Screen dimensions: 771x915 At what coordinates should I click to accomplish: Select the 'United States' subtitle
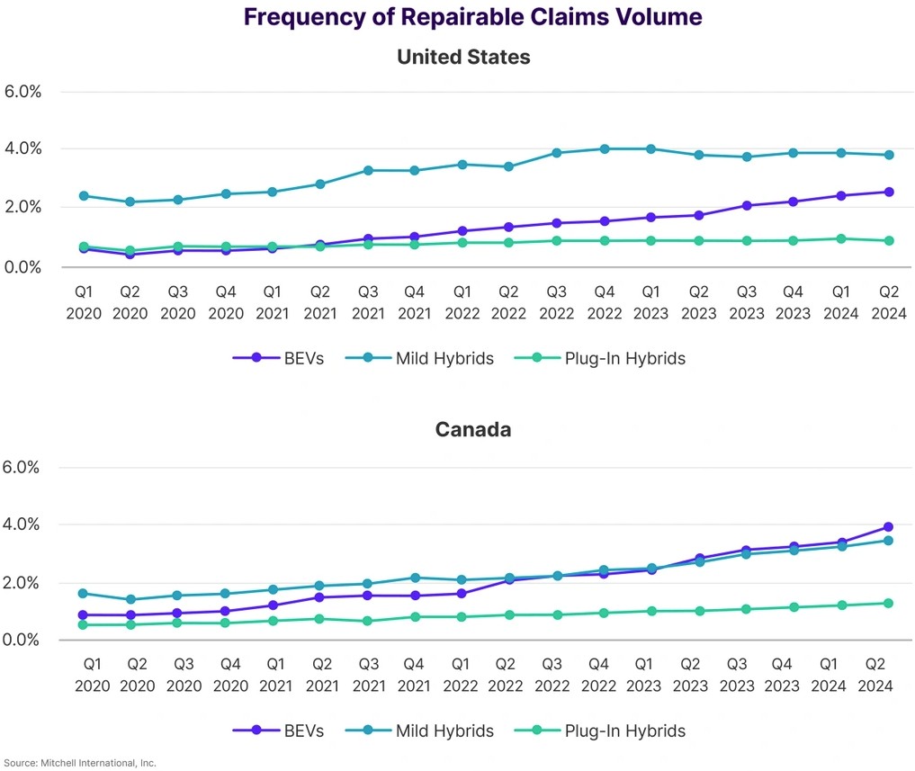[x=463, y=57]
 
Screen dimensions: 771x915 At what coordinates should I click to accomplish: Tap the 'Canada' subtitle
[x=473, y=429]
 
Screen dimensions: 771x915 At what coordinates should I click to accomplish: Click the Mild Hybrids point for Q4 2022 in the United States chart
[x=605, y=149]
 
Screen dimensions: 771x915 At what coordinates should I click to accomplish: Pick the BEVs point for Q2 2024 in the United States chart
[x=889, y=192]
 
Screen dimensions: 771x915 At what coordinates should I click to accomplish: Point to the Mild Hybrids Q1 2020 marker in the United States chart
[x=84, y=195]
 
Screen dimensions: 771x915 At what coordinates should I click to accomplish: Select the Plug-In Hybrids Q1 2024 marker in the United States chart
[x=841, y=238]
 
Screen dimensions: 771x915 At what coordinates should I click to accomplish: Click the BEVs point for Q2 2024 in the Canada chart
[x=888, y=527]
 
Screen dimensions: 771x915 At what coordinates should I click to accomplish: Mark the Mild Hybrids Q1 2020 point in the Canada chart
[x=84, y=594]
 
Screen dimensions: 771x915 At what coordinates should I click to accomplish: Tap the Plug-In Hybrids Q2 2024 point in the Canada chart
[x=888, y=603]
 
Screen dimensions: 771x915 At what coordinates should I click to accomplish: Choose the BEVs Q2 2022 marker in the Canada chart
[x=509, y=579]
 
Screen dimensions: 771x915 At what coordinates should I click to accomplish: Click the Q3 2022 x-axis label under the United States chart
[x=556, y=301]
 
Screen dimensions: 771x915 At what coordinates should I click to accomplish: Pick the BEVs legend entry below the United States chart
[x=279, y=358]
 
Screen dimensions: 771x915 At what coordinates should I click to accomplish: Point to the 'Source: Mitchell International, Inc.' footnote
[x=78, y=763]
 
